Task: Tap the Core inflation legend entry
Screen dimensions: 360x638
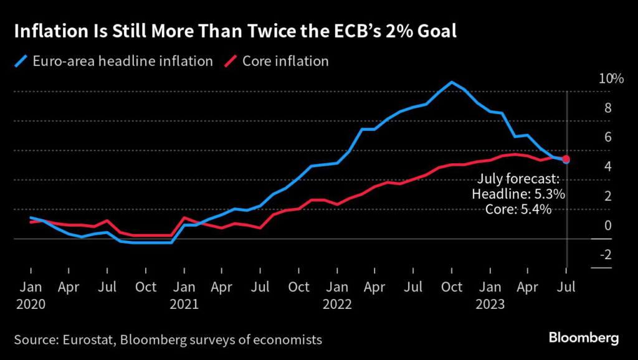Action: tap(285, 62)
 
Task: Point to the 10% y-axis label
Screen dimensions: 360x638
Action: tap(611, 79)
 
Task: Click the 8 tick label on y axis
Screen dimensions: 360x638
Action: tap(607, 108)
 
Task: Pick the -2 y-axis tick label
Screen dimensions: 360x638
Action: tap(605, 255)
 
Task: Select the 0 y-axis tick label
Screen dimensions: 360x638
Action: tap(607, 225)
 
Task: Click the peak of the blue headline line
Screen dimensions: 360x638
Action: tap(452, 82)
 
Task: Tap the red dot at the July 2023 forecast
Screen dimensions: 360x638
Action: tap(566, 159)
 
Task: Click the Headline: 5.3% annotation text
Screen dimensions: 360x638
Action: tap(518, 195)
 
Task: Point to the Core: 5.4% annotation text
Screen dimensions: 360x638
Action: tap(518, 210)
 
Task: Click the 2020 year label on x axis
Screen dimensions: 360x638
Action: tap(30, 305)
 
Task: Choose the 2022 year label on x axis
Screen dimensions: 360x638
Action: tap(337, 305)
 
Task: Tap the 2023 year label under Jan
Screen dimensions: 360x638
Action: tap(490, 305)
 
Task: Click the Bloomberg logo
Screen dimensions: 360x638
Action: tap(584, 338)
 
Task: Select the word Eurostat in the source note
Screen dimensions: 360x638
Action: tap(81, 340)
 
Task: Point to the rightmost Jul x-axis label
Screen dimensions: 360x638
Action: tap(566, 287)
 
